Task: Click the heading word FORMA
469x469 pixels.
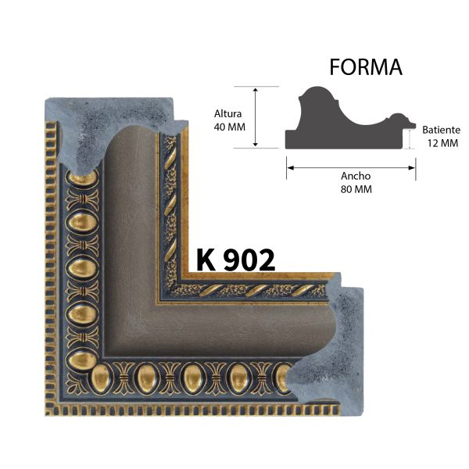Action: (366, 68)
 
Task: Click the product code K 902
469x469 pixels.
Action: (235, 260)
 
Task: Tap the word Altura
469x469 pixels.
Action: (228, 113)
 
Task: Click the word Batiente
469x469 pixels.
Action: (441, 130)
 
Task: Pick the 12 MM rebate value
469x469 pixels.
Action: (442, 143)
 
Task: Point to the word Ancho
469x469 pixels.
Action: (355, 176)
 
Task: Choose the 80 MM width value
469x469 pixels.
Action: (355, 189)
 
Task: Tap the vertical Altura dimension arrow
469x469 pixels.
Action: (256, 116)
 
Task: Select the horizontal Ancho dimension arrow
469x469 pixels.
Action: (349, 164)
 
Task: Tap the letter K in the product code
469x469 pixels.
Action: (206, 260)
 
